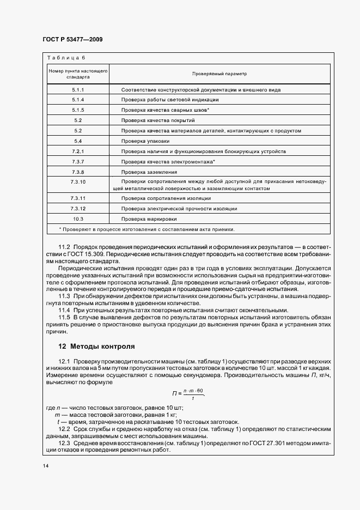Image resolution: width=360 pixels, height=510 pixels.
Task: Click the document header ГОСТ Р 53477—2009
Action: point(72,39)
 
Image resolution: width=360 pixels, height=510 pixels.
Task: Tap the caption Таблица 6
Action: point(66,58)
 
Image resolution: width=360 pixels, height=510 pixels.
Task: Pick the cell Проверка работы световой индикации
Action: point(170,100)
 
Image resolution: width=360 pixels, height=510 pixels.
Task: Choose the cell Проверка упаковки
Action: point(142,141)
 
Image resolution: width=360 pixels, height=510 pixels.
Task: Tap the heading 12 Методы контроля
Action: point(96,347)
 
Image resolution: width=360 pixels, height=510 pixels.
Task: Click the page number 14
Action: point(45,466)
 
